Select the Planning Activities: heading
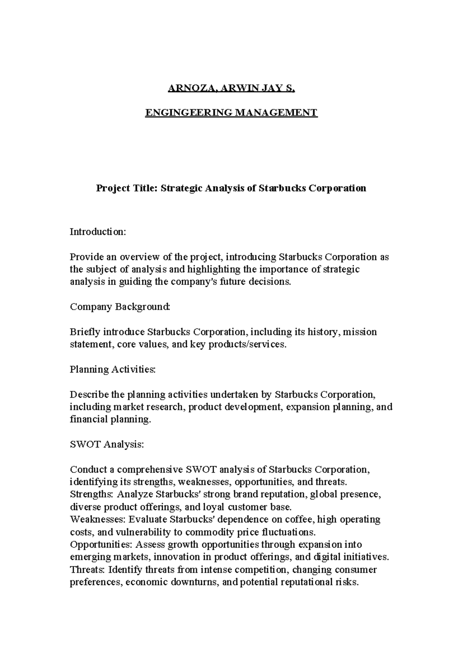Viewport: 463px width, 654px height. tap(113, 369)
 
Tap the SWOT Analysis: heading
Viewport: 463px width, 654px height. tap(107, 444)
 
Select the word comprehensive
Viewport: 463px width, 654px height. tap(150, 470)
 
